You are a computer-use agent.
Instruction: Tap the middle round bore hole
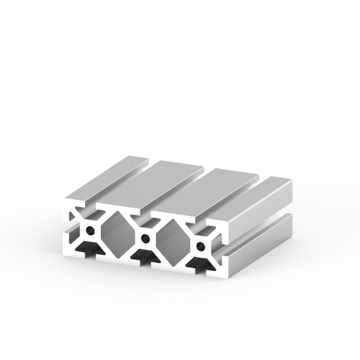tap(144, 239)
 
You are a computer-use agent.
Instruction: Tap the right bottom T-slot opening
tap(197, 265)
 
